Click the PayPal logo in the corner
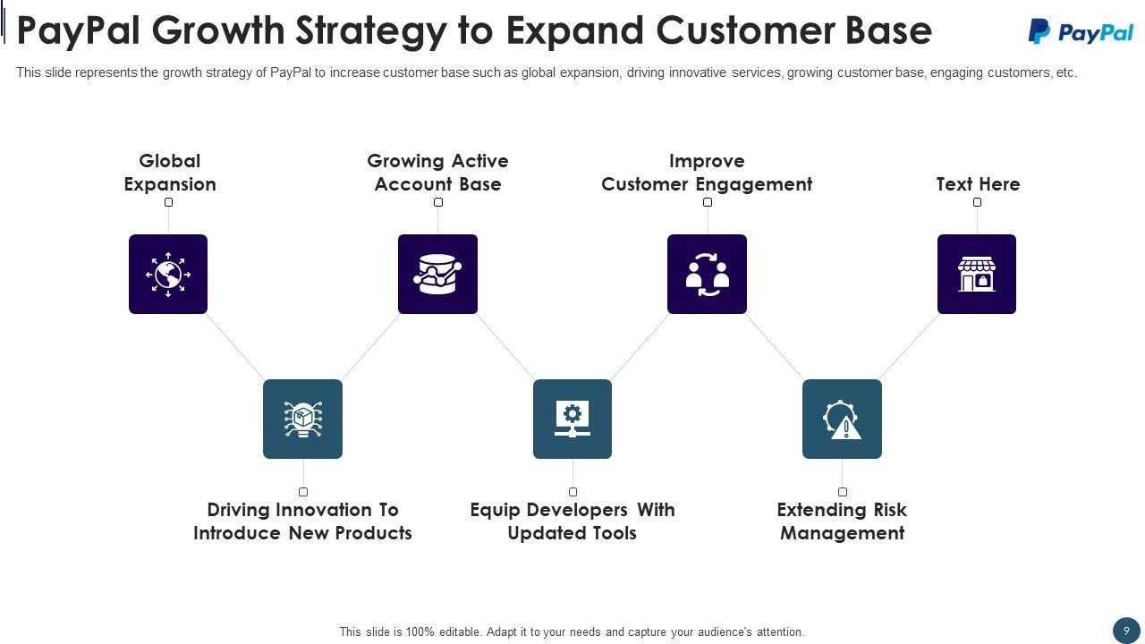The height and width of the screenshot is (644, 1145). pos(1081,31)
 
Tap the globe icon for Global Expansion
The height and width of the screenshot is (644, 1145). pos(168,275)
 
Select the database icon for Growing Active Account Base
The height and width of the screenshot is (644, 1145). pos(437,275)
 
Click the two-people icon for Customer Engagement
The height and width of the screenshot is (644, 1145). pos(707,275)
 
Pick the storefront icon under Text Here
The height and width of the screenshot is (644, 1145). pos(976,275)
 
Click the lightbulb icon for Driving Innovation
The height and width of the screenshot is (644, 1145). pos(302,419)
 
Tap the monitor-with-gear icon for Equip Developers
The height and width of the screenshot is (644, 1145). pos(572,419)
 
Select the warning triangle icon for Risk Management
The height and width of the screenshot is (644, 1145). pos(842,419)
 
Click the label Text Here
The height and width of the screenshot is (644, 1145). pos(978,184)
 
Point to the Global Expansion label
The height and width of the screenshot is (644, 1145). pos(170,173)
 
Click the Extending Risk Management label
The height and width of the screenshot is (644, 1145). pos(842,521)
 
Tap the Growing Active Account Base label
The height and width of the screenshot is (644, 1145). pos(437,173)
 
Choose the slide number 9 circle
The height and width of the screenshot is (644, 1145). pos(1126,631)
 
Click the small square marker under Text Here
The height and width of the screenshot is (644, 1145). pos(977,202)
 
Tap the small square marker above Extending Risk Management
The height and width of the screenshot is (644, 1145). pos(843,492)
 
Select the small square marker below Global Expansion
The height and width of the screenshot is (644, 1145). pos(168,202)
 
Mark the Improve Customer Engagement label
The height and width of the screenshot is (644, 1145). pos(707,173)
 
